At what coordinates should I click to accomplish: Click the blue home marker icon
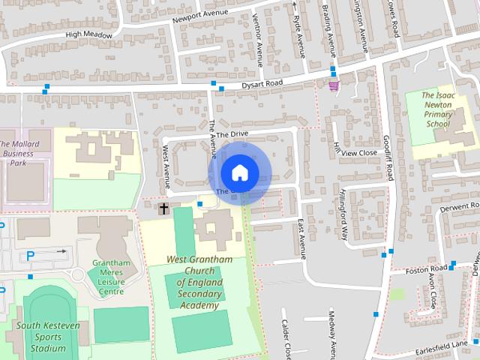tap(238, 172)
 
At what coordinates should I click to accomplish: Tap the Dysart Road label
tap(261, 85)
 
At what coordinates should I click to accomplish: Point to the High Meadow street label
tap(88, 34)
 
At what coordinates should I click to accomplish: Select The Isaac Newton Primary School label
tap(438, 110)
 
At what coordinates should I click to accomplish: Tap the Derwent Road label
tap(459, 205)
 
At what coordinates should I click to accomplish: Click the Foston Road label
tap(427, 269)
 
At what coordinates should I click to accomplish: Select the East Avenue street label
tap(301, 239)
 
